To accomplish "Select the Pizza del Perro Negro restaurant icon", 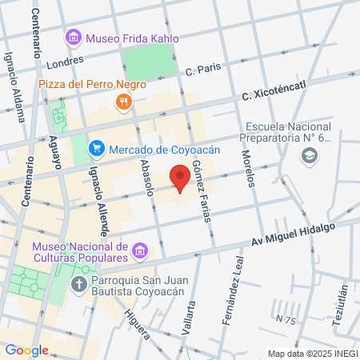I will (x=122, y=101).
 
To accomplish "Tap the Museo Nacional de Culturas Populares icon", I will (x=140, y=252).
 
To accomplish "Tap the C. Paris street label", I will (x=202, y=70).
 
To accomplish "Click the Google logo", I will (x=26, y=350).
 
